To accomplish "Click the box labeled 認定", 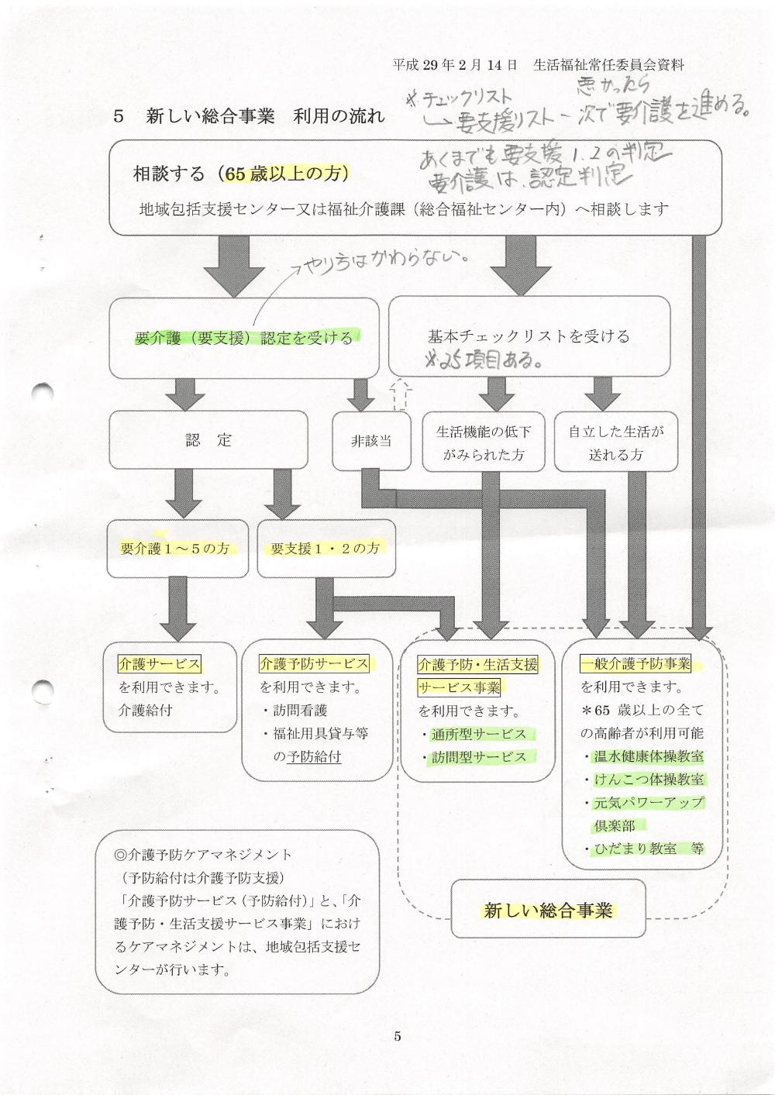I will [208, 440].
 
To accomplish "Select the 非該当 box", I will [371, 441].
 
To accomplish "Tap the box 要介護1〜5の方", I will [177, 549].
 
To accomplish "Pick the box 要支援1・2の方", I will [325, 549].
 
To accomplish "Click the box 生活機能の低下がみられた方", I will [484, 442].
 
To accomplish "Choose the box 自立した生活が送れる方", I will [616, 442].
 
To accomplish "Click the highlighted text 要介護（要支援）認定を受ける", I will [243, 338].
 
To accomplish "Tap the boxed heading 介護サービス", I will [160, 664].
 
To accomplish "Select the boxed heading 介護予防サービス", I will [314, 664].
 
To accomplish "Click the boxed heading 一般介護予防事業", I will [635, 664].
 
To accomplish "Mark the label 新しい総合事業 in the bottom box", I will [548, 911].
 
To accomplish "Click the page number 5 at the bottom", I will [398, 1037].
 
